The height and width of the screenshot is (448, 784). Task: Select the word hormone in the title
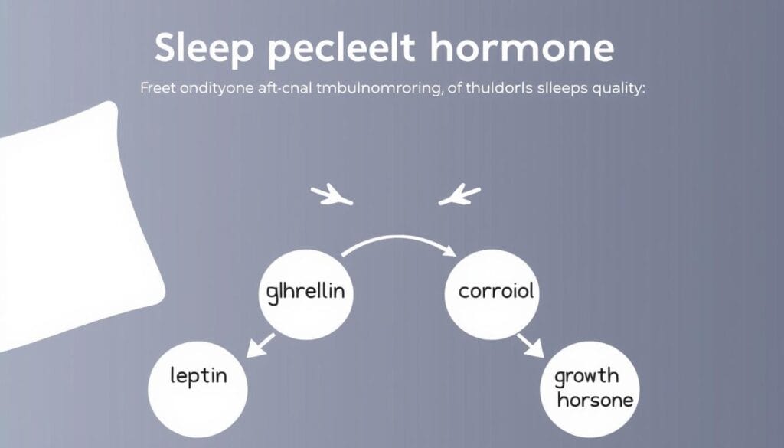tap(522, 48)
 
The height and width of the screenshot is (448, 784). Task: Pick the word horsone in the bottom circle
tap(597, 401)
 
